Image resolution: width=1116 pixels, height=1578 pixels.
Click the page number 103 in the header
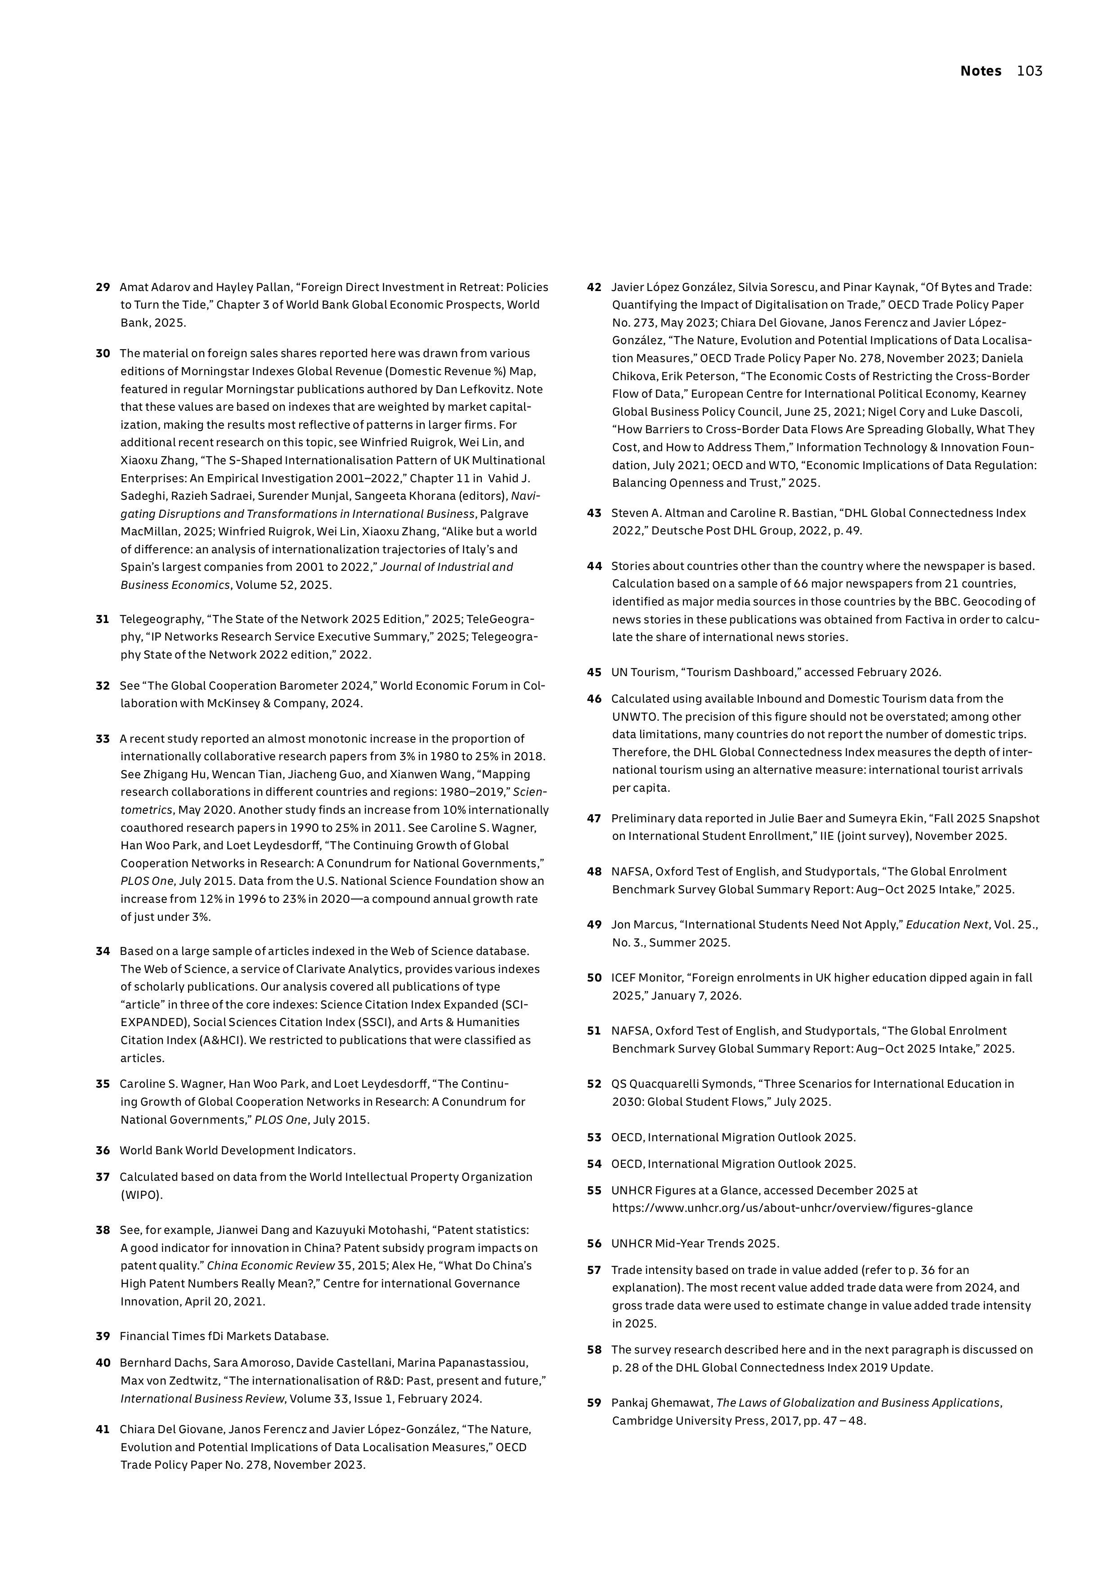pos(1030,71)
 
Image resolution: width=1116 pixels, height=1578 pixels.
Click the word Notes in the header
pos(981,71)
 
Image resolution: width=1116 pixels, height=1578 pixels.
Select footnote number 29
pos(103,287)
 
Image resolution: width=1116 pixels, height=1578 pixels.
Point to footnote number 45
pos(594,672)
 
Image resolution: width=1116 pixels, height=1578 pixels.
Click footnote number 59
pos(594,1403)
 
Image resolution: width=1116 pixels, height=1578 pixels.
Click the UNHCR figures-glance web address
pos(792,1208)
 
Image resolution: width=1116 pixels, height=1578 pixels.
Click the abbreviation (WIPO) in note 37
pos(142,1195)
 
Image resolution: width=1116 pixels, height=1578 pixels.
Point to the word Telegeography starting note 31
pos(158,619)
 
